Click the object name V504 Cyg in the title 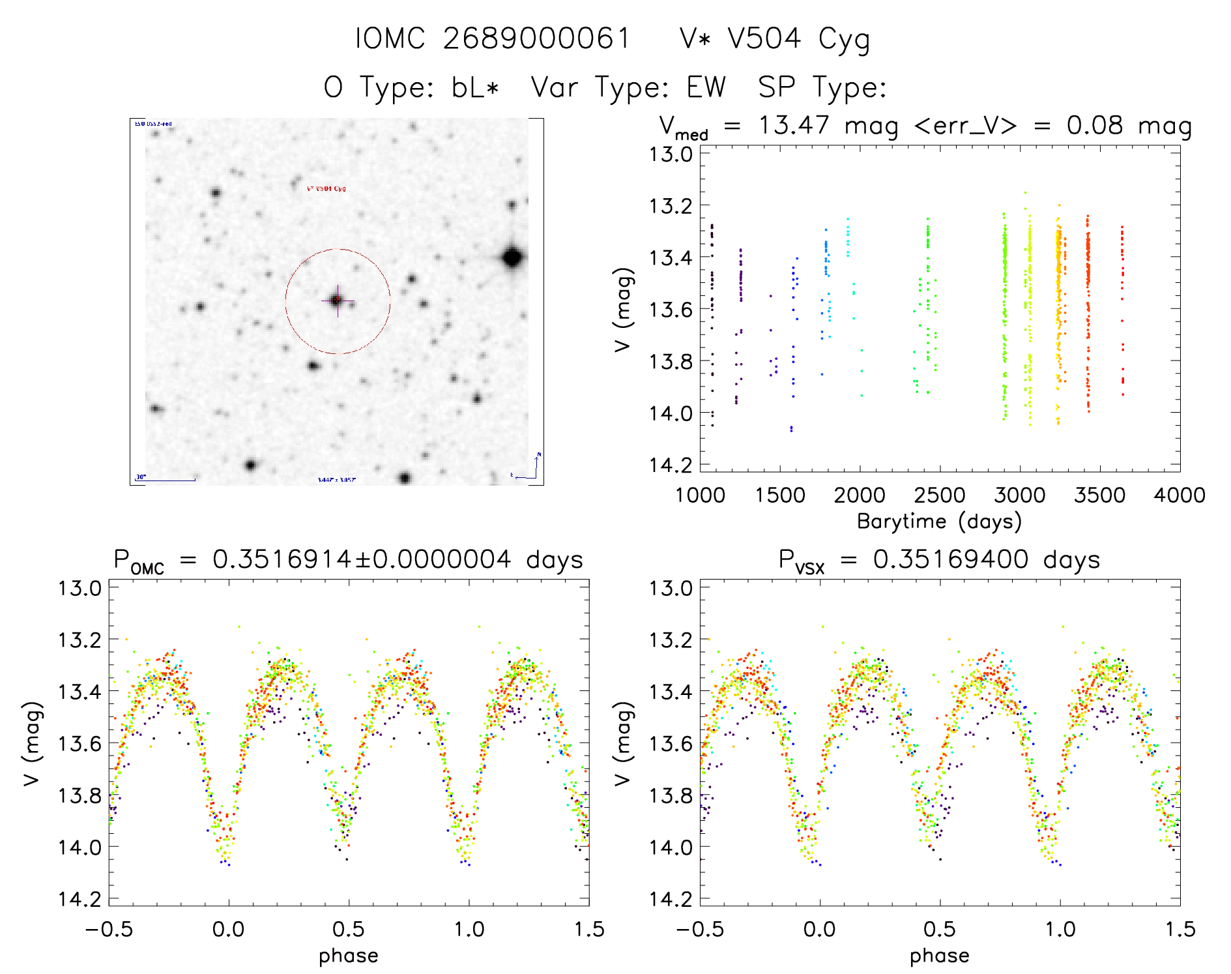tap(799, 39)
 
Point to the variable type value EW tap(706, 87)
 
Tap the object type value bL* tap(475, 87)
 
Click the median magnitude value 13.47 tap(794, 125)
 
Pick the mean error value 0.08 tap(1095, 125)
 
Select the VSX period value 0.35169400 tap(951, 559)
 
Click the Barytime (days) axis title tap(939, 522)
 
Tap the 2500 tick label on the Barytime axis tap(940, 495)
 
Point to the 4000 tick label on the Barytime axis tap(1180, 495)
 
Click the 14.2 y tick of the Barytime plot tap(669, 465)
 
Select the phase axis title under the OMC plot tap(349, 956)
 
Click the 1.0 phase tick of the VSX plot tap(1060, 929)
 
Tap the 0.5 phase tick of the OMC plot tap(349, 929)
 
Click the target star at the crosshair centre tap(337, 301)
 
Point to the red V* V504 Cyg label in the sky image tap(326, 188)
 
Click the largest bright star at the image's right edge tap(512, 258)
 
